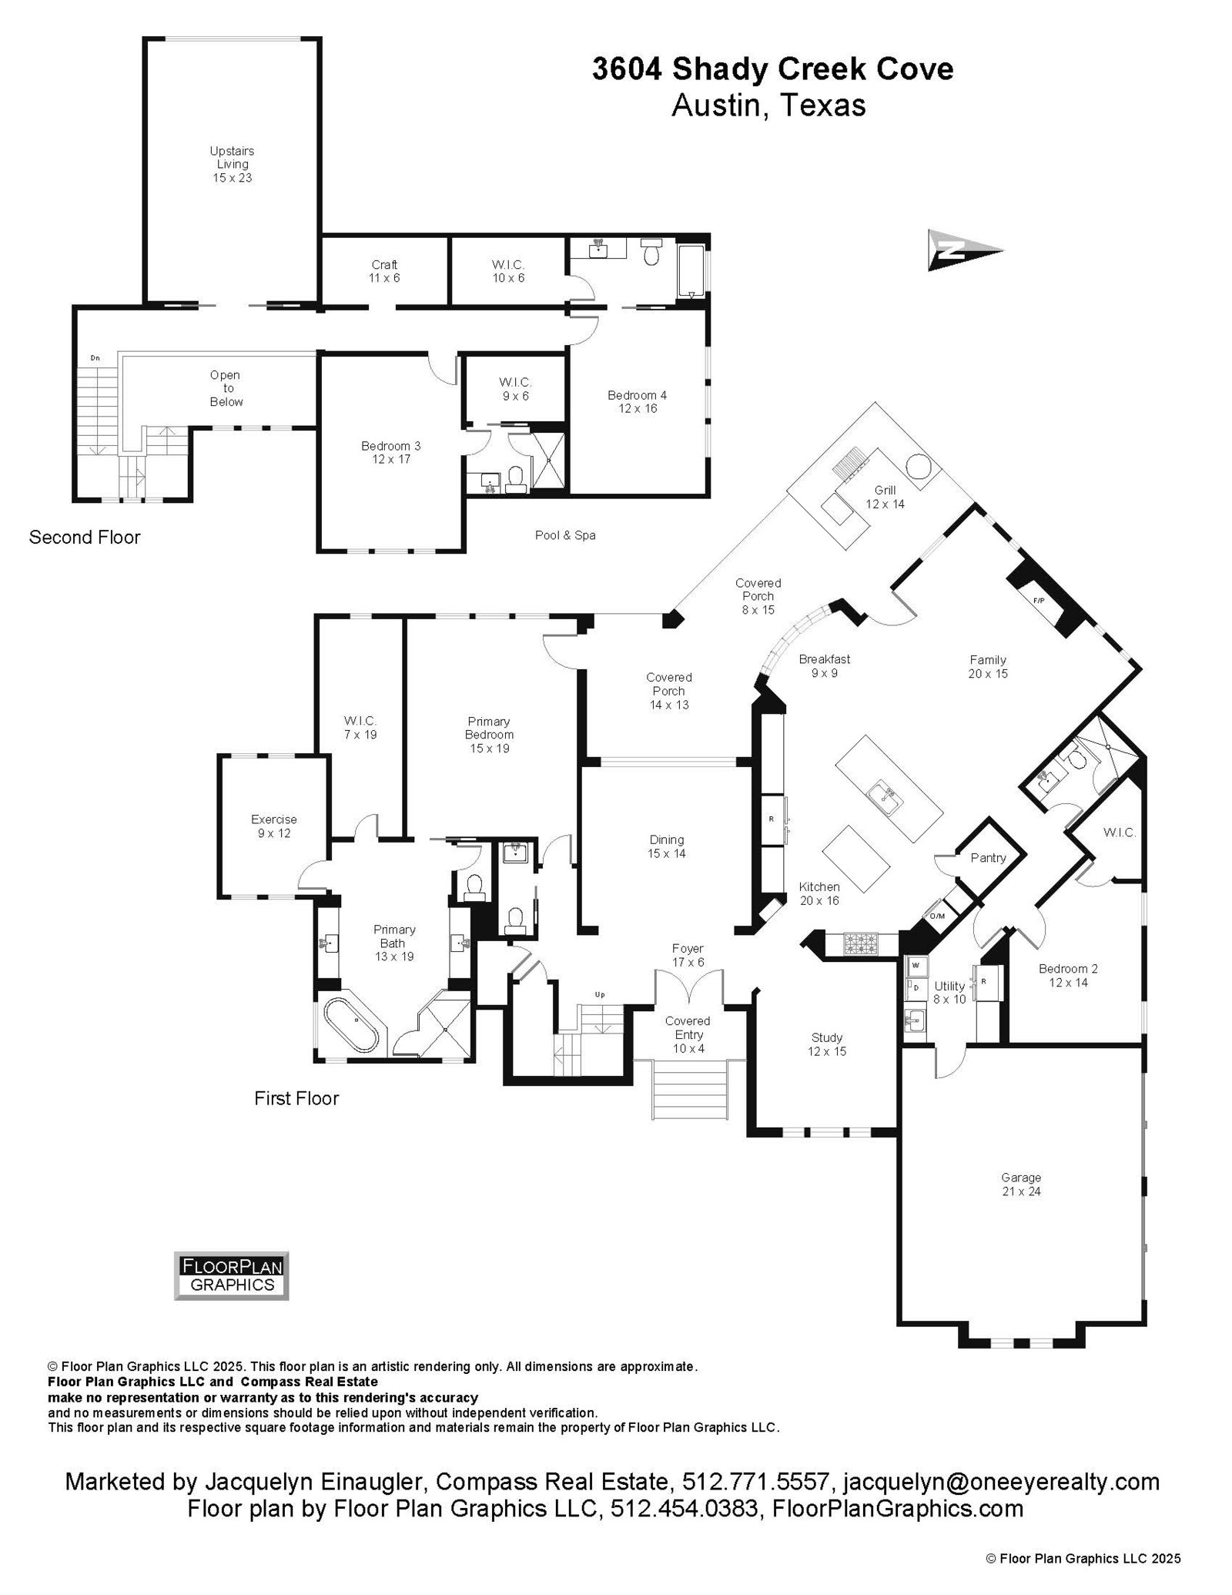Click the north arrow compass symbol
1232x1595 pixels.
963,250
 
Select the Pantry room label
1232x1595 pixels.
988,857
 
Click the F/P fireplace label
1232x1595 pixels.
1038,600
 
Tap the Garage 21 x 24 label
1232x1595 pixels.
1021,1184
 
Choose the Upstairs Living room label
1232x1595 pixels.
233,164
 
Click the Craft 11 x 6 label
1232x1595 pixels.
384,271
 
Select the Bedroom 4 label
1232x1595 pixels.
637,401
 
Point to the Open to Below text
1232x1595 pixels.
226,388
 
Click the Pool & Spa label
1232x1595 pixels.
565,534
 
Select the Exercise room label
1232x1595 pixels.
273,826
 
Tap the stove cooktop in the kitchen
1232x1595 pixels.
860,943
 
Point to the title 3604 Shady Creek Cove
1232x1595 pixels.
772,69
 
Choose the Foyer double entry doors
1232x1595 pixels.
688,986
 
